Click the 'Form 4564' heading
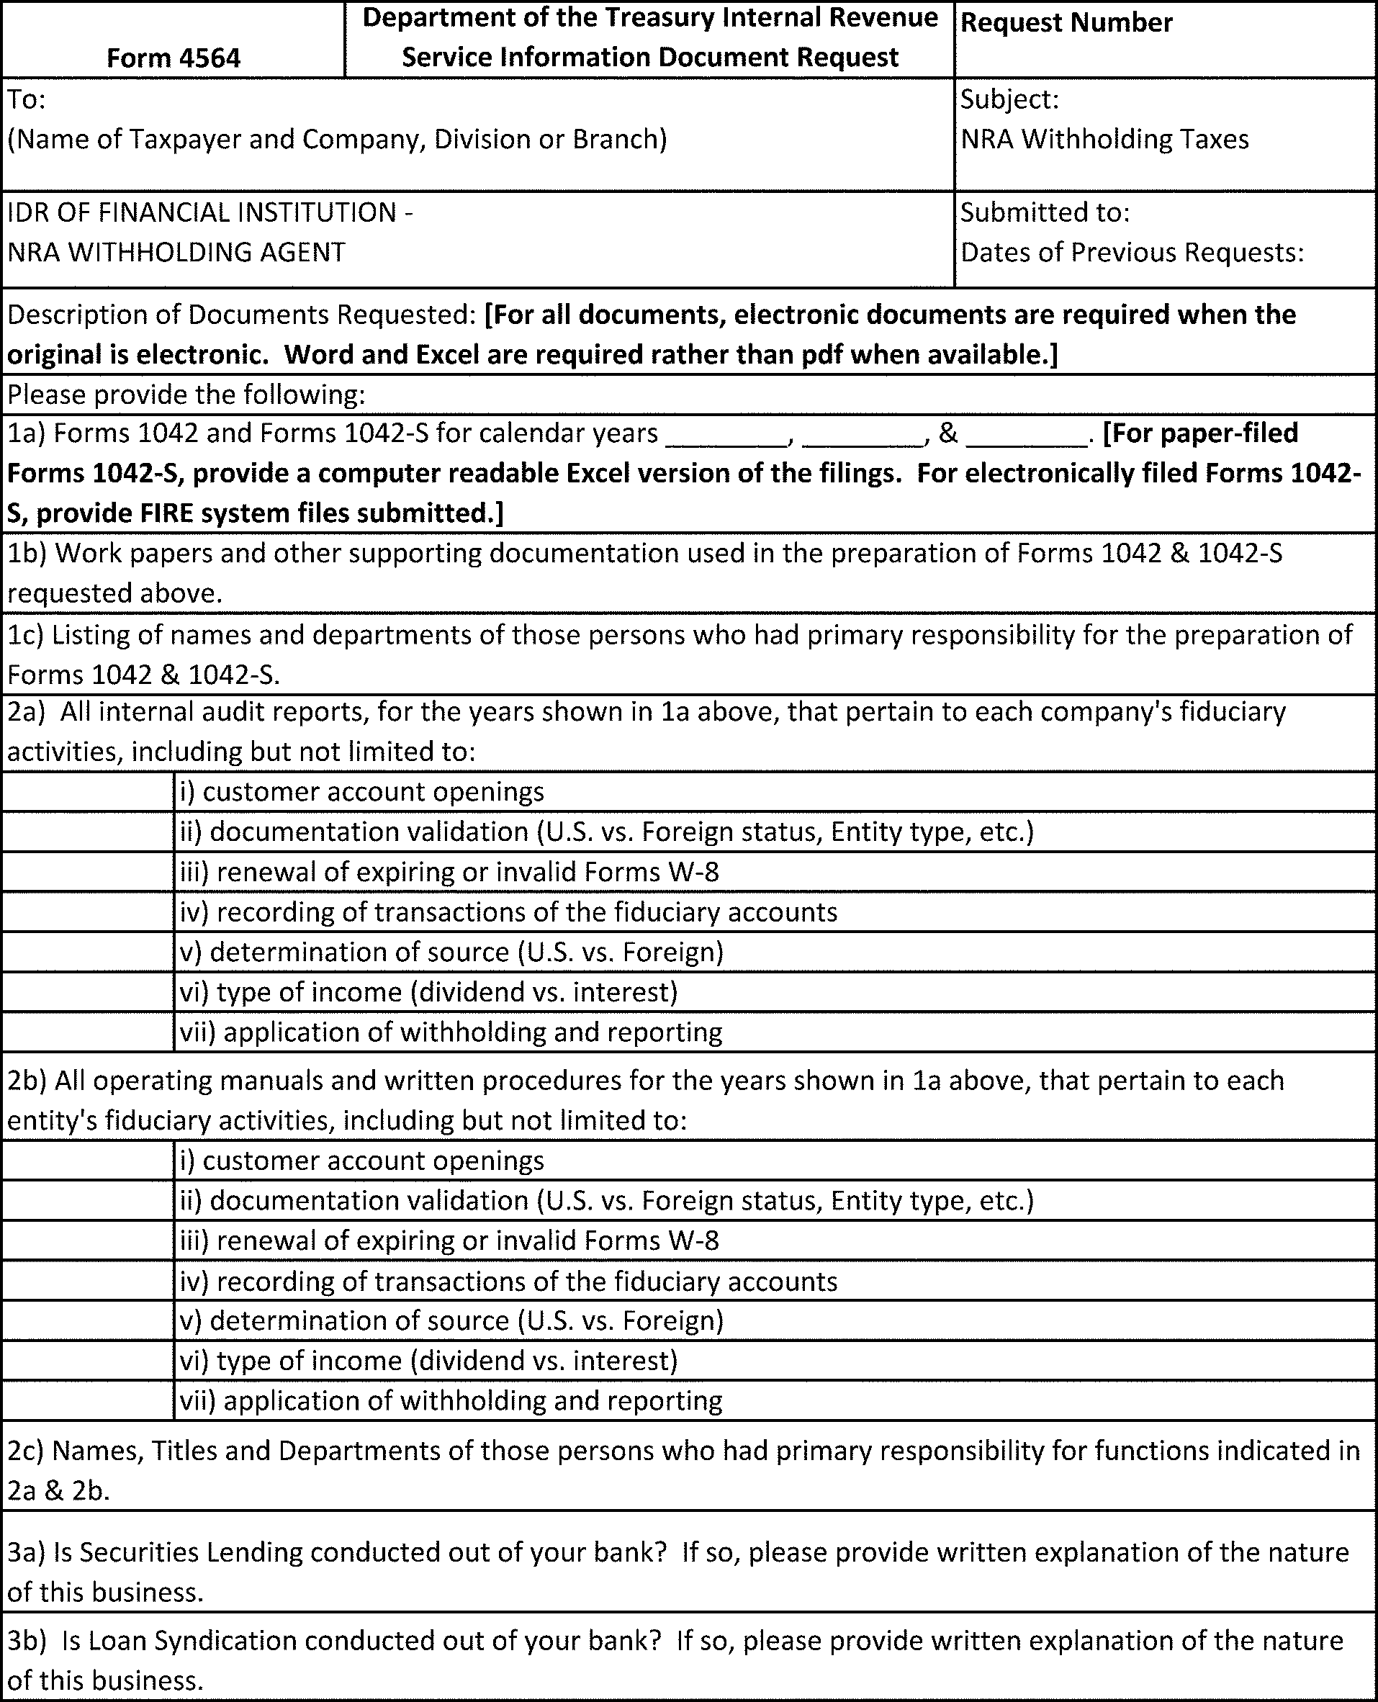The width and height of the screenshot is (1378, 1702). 173,58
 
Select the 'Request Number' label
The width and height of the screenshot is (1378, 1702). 1066,23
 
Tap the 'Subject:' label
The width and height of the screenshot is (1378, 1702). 1009,99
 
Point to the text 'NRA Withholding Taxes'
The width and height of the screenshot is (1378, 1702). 1104,139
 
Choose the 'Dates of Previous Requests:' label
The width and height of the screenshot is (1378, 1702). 1132,253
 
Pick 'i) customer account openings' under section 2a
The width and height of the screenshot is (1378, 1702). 362,791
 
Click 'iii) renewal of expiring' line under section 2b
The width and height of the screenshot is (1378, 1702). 449,1241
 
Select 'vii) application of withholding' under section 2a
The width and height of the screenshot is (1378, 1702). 451,1032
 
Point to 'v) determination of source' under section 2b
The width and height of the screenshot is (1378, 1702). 451,1320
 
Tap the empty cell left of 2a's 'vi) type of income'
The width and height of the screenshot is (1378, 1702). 87,992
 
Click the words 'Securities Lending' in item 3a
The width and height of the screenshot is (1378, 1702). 192,1552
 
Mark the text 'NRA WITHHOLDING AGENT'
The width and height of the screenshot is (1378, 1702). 176,253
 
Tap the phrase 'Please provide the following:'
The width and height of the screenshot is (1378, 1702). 186,395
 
